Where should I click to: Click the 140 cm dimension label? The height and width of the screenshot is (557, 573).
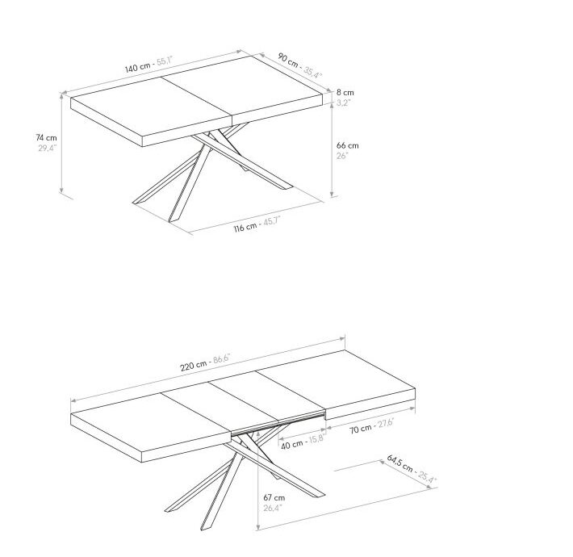[x=137, y=68]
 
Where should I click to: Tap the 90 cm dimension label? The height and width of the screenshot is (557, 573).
[x=288, y=61]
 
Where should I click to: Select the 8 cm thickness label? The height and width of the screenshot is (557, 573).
[x=345, y=93]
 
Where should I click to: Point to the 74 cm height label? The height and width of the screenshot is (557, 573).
[x=47, y=138]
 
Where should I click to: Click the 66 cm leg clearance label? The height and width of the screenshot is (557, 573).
[x=348, y=145]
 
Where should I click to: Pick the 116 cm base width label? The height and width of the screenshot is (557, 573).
[x=245, y=228]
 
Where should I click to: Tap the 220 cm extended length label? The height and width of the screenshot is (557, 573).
[x=194, y=365]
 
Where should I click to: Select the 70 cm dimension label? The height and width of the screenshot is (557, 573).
[x=360, y=429]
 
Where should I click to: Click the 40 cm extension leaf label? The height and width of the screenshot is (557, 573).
[x=292, y=444]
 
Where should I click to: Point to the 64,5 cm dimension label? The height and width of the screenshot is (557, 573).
[x=400, y=463]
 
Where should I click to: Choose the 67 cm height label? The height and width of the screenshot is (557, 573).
[x=274, y=498]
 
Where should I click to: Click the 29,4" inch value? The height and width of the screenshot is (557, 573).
[x=48, y=149]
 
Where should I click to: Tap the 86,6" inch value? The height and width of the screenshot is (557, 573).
[x=222, y=358]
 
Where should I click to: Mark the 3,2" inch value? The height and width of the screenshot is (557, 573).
[x=343, y=103]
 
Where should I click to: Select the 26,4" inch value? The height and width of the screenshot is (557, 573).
[x=273, y=508]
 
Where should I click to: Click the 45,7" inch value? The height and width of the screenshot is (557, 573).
[x=271, y=220]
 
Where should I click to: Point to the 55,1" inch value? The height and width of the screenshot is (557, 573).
[x=165, y=61]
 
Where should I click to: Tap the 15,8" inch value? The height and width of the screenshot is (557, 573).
[x=316, y=438]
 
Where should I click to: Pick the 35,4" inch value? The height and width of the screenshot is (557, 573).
[x=313, y=73]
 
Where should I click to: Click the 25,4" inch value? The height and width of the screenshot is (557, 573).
[x=428, y=478]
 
